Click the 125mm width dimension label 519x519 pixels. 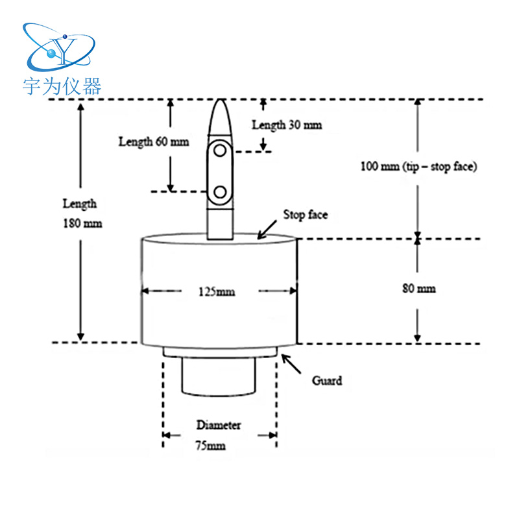(217, 292)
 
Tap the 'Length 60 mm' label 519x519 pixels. (154, 141)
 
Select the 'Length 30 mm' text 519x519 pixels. (286, 125)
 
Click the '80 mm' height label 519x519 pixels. (419, 288)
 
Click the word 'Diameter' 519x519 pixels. (219, 426)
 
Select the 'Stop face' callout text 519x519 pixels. (305, 215)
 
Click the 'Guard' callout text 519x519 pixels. (326, 380)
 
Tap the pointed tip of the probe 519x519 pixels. (221, 102)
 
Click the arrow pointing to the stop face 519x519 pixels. (265, 230)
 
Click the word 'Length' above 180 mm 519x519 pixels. (79, 204)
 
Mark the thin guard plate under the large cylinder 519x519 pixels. (220, 351)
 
